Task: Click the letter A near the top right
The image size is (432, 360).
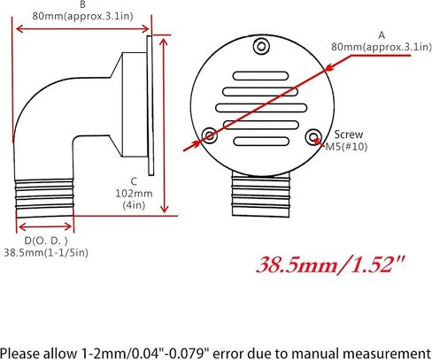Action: click(382, 34)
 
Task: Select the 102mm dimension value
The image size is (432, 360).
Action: click(135, 192)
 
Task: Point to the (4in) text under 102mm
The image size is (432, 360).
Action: click(135, 205)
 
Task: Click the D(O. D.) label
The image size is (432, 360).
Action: click(48, 240)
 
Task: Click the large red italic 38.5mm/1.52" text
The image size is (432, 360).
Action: click(330, 264)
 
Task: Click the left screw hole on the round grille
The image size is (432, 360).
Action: click(209, 135)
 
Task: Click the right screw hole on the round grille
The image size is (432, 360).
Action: click(313, 135)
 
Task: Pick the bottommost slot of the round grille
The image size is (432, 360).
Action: click(260, 142)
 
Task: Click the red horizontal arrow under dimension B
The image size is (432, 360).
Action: click(81, 28)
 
